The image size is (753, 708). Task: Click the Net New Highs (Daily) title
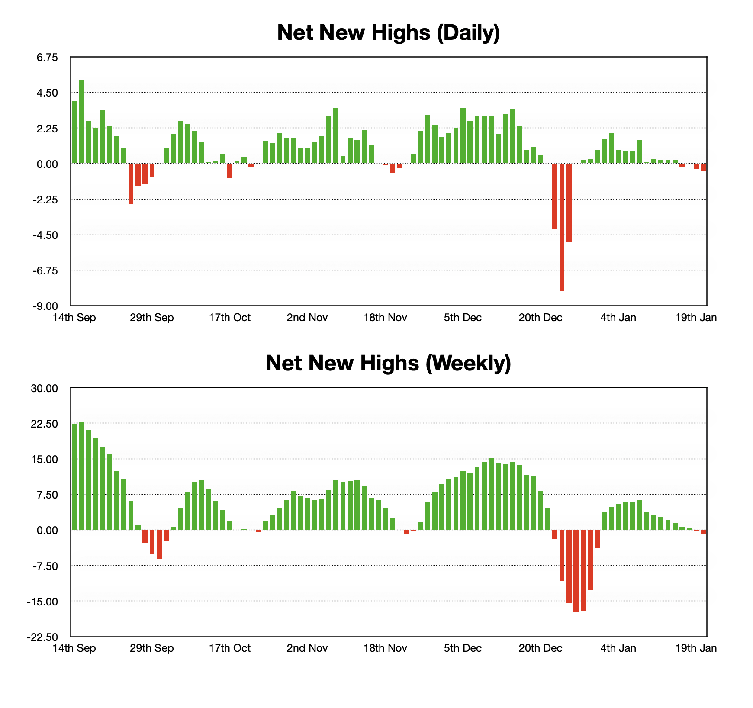click(388, 32)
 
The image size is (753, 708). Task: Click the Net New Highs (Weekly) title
click(388, 363)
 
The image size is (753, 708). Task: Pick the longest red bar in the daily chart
click(562, 227)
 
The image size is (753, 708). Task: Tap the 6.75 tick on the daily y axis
click(48, 58)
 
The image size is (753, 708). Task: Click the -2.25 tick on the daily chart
click(47, 200)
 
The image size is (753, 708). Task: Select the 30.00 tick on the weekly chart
click(45, 388)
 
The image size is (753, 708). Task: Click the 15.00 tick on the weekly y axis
click(45, 459)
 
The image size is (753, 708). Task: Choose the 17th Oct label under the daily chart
click(230, 318)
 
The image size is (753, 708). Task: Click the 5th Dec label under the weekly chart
click(463, 648)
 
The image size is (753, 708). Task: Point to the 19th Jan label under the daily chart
click(696, 318)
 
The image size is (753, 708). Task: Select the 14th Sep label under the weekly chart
click(74, 648)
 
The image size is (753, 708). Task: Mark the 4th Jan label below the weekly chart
click(618, 648)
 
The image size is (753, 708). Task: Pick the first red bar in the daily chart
click(131, 183)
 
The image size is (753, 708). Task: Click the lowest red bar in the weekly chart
click(576, 571)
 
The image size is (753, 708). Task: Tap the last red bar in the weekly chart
click(703, 532)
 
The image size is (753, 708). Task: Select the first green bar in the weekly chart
click(74, 477)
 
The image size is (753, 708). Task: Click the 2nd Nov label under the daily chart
click(307, 318)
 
